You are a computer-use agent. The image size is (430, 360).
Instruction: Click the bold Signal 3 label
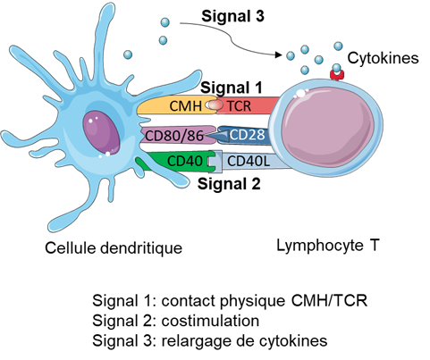[232, 16]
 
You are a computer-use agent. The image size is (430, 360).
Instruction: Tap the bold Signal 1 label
[232, 88]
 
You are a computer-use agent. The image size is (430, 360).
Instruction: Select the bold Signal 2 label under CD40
[229, 184]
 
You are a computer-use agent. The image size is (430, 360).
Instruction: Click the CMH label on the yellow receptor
[185, 106]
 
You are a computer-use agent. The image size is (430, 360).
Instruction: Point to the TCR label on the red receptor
[239, 106]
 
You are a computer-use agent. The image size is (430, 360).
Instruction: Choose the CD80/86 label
[174, 136]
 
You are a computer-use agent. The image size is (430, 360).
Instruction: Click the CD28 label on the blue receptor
[247, 135]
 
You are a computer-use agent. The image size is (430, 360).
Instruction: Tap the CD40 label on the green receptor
[185, 161]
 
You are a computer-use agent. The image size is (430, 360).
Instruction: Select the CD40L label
[249, 161]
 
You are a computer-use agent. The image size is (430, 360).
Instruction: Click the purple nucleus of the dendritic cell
[101, 133]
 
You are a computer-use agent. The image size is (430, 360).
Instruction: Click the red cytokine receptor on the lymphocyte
[337, 75]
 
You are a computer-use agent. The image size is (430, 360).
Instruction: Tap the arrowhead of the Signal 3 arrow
[278, 54]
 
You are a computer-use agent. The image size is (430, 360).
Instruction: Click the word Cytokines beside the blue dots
[383, 58]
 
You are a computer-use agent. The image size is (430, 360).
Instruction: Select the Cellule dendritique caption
[114, 248]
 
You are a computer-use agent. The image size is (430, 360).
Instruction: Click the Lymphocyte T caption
[328, 246]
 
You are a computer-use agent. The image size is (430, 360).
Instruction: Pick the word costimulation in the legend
[210, 321]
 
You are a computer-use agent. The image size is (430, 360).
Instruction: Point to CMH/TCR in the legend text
[329, 301]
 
